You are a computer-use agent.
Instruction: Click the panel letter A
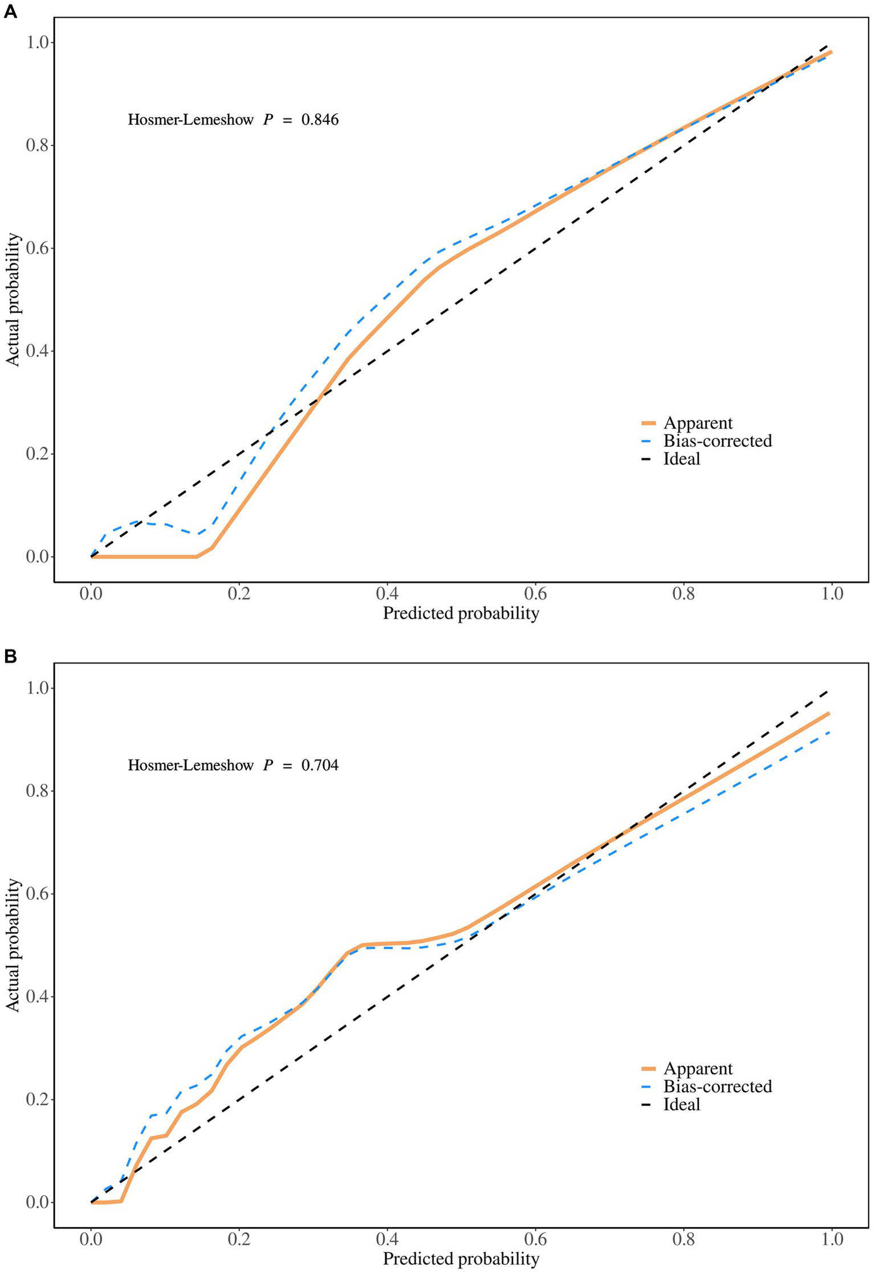point(10,11)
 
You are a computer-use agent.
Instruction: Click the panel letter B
point(10,657)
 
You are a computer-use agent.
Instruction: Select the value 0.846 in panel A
point(320,120)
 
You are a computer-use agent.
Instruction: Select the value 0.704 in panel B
point(320,765)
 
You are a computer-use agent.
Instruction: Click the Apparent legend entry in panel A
point(698,423)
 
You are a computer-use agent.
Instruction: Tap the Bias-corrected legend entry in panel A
point(717,441)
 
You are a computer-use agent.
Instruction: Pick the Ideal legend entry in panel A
point(681,459)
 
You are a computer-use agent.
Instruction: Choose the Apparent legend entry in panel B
point(698,1068)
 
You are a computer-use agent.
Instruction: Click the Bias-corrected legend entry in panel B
point(717,1086)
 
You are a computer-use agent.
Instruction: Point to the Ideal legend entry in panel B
point(681,1105)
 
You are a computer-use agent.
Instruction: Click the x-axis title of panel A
point(461,613)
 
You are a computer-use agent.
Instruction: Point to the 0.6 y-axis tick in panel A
point(38,248)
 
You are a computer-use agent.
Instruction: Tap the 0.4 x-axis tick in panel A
point(387,594)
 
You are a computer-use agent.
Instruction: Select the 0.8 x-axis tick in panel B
point(683,1239)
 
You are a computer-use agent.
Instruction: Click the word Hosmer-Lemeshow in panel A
point(190,120)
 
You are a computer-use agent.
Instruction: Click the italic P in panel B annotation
point(268,765)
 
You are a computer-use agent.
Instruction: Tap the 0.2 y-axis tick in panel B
point(38,1099)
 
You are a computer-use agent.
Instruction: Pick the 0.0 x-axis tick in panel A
point(91,594)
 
